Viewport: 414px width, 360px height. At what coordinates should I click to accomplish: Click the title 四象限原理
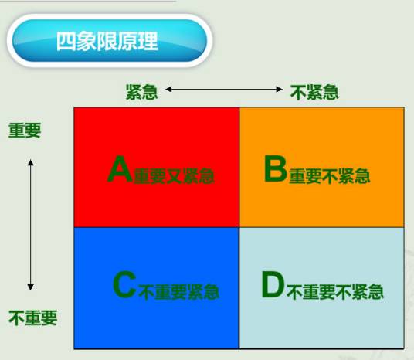click(x=107, y=41)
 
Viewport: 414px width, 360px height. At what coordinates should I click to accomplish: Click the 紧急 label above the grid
click(x=142, y=92)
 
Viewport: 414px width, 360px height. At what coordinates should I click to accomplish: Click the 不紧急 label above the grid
click(x=314, y=92)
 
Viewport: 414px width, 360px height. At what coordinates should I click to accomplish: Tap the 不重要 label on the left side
click(x=32, y=318)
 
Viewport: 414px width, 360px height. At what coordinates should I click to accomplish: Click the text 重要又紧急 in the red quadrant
click(x=174, y=176)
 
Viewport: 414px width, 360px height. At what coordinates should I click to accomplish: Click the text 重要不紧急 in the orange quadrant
click(x=329, y=176)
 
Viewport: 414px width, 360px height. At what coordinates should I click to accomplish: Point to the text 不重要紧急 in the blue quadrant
click(x=179, y=292)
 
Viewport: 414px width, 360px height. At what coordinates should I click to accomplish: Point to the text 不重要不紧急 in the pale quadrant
click(x=335, y=292)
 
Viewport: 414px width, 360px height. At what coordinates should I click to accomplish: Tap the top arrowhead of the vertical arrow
click(x=31, y=162)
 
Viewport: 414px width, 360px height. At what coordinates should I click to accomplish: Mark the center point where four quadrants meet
click(x=239, y=228)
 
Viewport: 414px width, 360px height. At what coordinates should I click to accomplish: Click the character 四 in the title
click(x=66, y=41)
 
